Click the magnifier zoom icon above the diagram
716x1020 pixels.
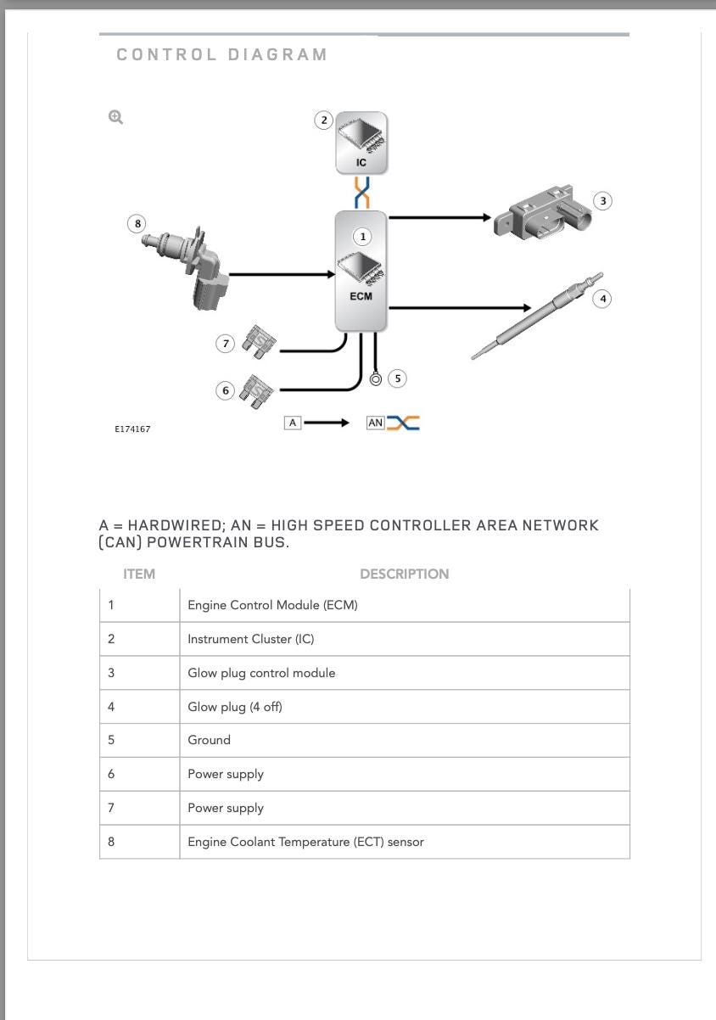[115, 117]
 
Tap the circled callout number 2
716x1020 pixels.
[323, 120]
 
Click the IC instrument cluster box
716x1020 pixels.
[361, 143]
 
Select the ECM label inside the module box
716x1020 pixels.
[361, 296]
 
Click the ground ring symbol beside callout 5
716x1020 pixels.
[376, 378]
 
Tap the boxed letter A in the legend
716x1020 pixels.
[293, 423]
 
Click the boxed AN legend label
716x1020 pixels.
[376, 423]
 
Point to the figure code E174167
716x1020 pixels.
[132, 429]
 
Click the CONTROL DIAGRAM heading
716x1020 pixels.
[222, 55]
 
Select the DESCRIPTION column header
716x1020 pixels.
[404, 574]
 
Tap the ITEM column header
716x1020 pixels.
[139, 574]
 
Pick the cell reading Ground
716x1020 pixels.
[209, 740]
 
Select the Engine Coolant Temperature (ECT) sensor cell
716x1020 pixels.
[305, 842]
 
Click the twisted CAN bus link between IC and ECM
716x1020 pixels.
[362, 193]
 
